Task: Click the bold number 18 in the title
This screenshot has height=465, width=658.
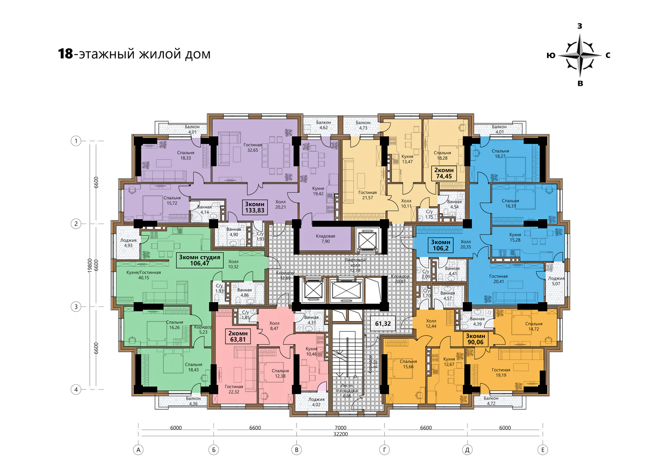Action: point(65,54)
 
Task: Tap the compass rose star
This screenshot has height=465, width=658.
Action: point(580,55)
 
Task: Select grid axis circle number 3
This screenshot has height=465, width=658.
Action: point(76,307)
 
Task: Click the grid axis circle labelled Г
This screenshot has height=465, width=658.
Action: point(384,450)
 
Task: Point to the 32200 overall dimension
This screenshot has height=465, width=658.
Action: point(341,434)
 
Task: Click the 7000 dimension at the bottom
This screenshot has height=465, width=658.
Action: point(340,428)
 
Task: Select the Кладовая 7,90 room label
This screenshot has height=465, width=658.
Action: point(325,239)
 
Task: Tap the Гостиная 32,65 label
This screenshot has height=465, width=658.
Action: point(253,147)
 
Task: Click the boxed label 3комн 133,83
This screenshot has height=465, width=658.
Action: point(255,207)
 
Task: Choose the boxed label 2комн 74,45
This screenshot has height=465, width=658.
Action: point(444,173)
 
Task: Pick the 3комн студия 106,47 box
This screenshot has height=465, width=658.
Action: point(200,260)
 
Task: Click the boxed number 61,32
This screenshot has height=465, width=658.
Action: point(383,324)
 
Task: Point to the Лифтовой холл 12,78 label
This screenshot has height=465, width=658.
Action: point(355,265)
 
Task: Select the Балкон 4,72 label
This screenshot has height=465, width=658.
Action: point(491,401)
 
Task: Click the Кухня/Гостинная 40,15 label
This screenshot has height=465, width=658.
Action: point(144,275)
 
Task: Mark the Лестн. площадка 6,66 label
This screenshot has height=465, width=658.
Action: point(347,391)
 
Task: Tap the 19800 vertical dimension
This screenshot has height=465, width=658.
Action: point(90,266)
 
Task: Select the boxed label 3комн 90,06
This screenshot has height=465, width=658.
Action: point(475,339)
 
